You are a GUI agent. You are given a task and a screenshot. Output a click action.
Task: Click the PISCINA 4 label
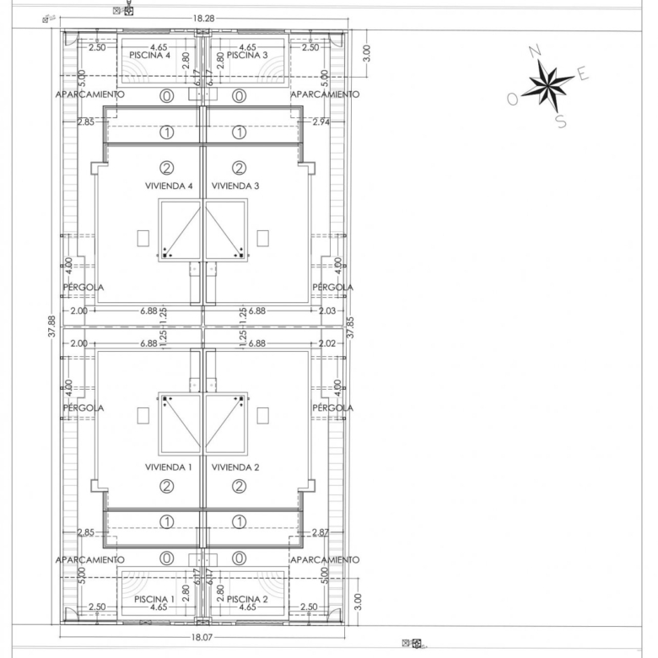point(150,55)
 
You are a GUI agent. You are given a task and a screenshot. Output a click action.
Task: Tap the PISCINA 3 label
point(247,55)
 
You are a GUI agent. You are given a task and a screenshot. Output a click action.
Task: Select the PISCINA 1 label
point(154,599)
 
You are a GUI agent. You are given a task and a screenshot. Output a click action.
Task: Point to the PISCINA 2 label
point(247,599)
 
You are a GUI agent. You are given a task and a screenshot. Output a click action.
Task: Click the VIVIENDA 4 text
point(169,186)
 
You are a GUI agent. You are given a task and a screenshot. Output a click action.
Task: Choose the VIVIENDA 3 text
point(235,186)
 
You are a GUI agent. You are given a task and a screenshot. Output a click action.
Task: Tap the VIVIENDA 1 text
point(168,467)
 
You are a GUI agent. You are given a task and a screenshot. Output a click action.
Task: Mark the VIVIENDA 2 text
point(235,467)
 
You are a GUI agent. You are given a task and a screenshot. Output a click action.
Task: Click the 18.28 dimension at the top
point(203,18)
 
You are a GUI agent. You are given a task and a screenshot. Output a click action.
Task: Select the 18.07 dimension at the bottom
point(202,638)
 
